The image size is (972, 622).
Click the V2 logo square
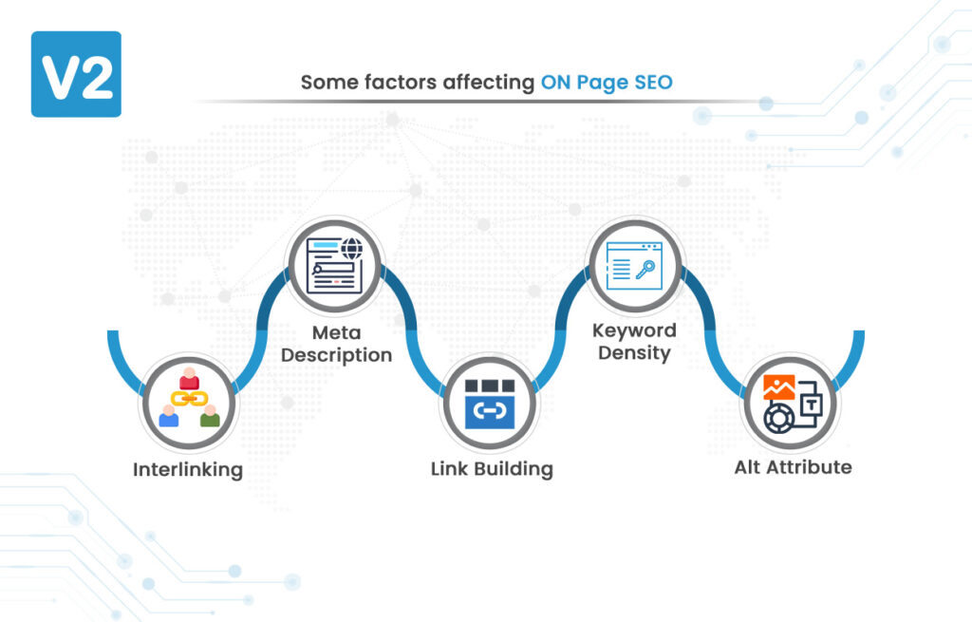tap(76, 74)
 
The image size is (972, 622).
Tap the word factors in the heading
tap(401, 83)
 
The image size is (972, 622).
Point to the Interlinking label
tap(188, 469)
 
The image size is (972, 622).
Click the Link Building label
tap(492, 469)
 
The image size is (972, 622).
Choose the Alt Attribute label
tap(793, 467)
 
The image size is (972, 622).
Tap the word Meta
tap(337, 333)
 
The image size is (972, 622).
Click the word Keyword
tap(634, 330)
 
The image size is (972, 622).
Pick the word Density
tap(634, 353)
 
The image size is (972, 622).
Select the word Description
tap(337, 355)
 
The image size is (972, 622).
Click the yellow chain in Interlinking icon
tap(189, 398)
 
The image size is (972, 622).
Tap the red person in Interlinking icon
tap(189, 378)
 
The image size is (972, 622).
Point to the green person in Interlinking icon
tap(210, 416)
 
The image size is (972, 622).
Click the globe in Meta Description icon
tap(351, 250)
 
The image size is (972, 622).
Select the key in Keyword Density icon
tap(645, 270)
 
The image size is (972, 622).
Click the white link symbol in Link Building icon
tap(490, 410)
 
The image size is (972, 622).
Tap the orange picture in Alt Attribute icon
tap(778, 386)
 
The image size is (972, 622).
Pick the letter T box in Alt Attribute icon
tap(811, 405)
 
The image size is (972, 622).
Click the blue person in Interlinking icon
tap(169, 416)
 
